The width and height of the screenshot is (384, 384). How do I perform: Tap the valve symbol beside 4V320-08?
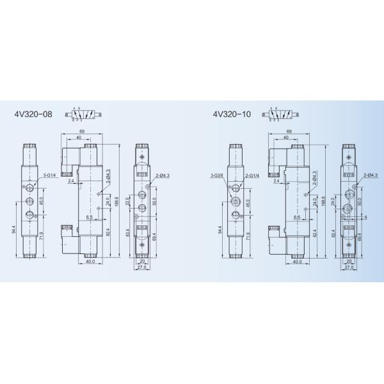point(83,115)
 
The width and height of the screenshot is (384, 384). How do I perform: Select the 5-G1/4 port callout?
point(50,174)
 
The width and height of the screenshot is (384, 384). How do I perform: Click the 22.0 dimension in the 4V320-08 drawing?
point(127,204)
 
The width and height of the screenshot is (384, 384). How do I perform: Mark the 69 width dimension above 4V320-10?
point(290,131)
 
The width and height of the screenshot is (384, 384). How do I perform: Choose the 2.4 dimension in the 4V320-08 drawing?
point(71,182)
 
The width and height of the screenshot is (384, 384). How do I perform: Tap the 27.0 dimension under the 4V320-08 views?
point(142,268)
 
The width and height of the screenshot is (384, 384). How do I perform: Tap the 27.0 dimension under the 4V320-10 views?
point(349,268)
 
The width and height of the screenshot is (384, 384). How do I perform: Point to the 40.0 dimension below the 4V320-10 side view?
point(296,261)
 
